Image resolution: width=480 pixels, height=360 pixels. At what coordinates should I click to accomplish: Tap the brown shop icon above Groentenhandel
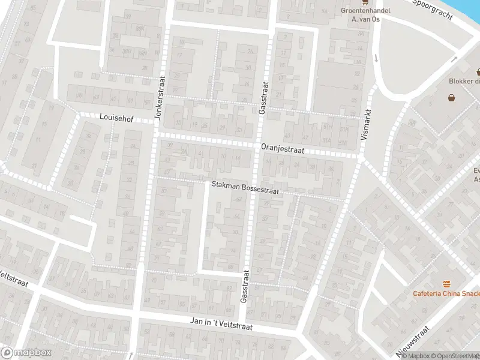[x=364, y=2]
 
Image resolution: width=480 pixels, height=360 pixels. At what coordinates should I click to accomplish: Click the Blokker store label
[x=464, y=82]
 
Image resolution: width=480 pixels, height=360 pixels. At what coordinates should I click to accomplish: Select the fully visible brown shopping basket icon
[x=451, y=97]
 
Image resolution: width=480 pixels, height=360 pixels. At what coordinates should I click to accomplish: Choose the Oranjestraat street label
[x=283, y=149]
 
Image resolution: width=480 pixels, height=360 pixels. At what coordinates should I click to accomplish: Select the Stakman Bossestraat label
[x=245, y=188]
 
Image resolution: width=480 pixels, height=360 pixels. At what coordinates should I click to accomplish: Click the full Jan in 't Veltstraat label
[x=221, y=324]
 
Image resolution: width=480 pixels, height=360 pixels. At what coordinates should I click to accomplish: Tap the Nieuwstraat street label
[x=413, y=340]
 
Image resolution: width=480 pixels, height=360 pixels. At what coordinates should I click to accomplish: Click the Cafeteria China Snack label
[x=446, y=293]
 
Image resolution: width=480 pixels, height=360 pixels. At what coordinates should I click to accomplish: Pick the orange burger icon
[x=446, y=283]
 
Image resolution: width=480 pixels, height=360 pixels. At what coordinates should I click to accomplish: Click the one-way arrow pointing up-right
[x=454, y=59]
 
